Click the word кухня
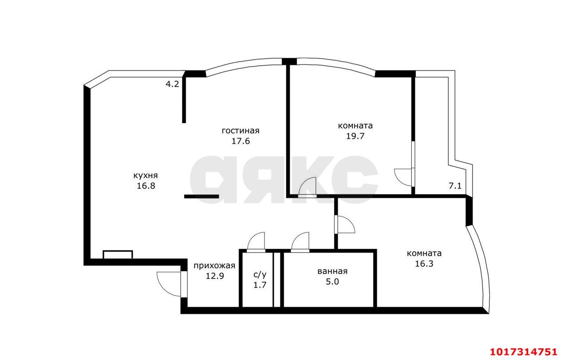[146, 175]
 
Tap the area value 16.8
[146, 186]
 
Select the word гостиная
[241, 131]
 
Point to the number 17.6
[241, 141]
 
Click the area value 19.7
[355, 136]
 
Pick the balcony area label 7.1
[455, 186]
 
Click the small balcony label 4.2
[172, 84]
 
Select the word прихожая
[214, 265]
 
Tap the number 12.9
[214, 276]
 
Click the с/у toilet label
[260, 274]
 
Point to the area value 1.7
[260, 285]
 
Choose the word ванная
[332, 271]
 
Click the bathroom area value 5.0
[332, 281]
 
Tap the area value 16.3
[424, 264]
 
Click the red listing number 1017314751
[524, 352]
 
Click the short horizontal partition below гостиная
[201, 196]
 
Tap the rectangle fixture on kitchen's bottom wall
[118, 254]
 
